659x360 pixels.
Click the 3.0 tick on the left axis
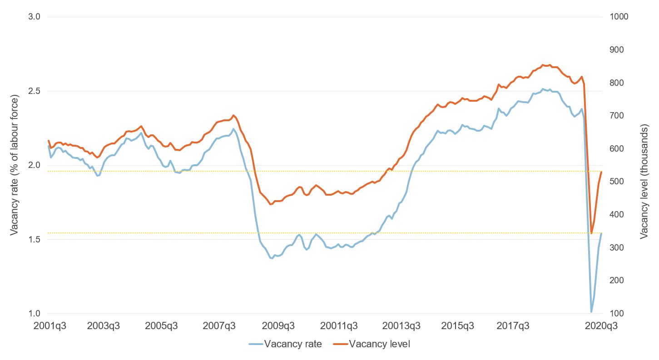pos(35,17)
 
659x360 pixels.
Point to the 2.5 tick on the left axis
pos(35,91)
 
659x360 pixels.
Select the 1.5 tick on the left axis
pos(35,239)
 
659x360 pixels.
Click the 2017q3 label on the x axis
pos(513,325)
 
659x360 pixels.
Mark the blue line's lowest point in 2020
pos(591,312)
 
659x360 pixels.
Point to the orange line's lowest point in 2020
pos(591,233)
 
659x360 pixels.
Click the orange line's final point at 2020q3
pos(602,172)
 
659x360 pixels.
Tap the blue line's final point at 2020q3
pos(602,233)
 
